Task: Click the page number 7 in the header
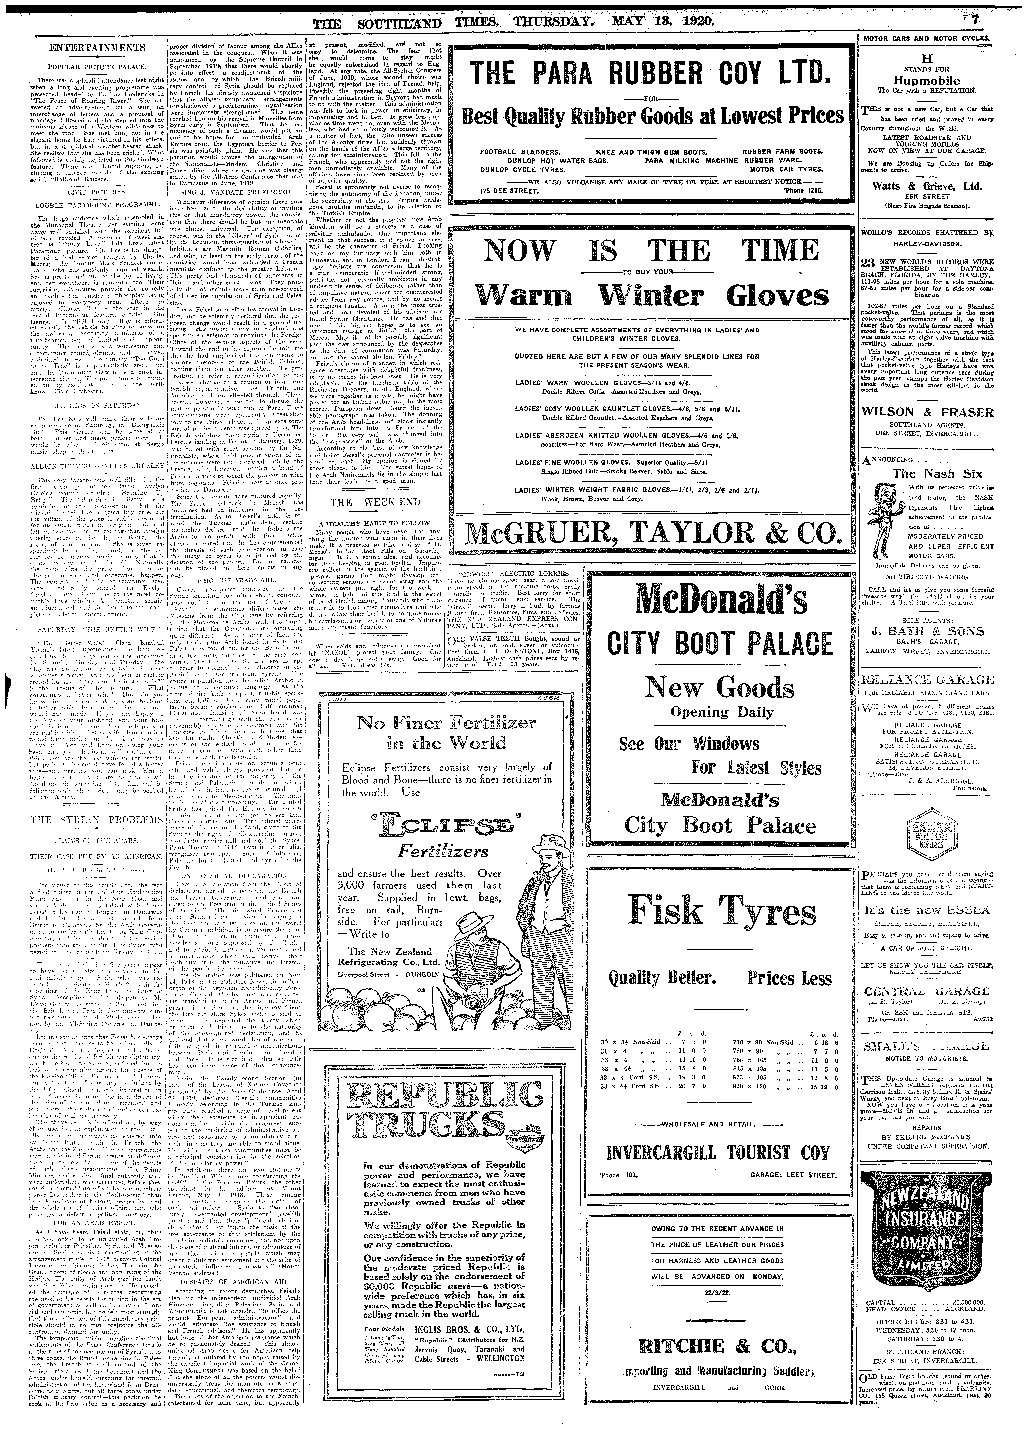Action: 1009,21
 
